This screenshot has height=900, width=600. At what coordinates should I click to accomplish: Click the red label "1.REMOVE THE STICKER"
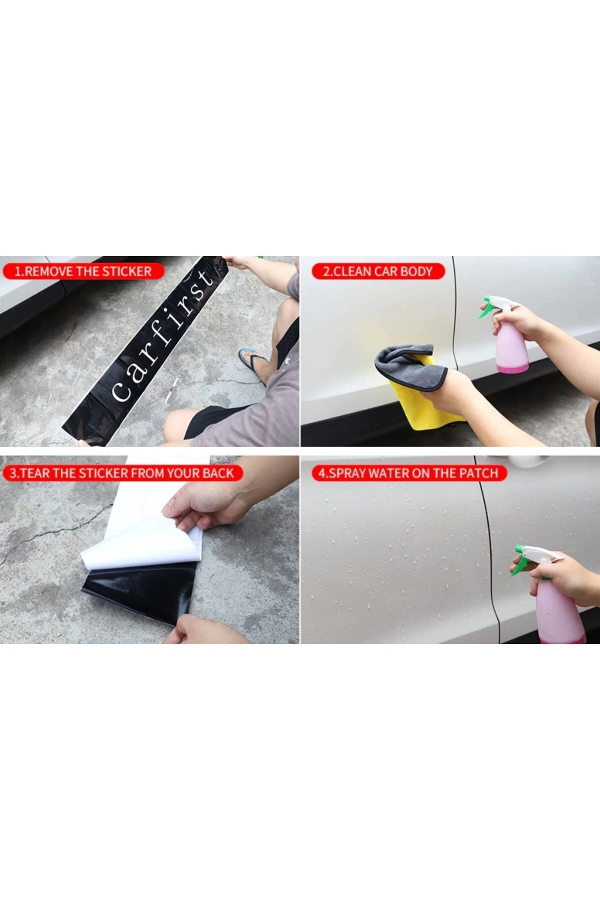84,271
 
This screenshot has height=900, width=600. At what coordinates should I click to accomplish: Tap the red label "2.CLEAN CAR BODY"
378,271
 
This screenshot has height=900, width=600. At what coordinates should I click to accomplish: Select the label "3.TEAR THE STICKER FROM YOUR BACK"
122,473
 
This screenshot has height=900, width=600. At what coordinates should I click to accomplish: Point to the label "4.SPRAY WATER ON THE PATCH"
409,473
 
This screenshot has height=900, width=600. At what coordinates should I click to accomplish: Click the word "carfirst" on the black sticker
162,336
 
